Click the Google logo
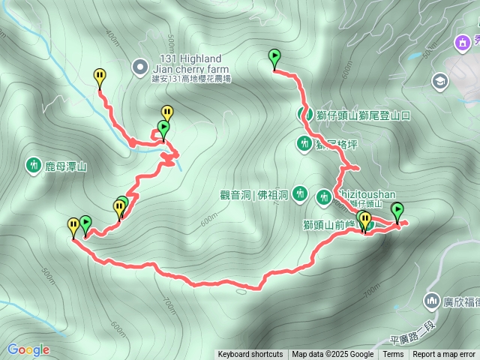click(28, 349)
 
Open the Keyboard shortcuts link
click(250, 355)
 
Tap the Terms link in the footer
click(393, 355)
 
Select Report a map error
click(444, 355)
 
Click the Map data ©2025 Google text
click(333, 355)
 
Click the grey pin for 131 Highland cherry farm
click(139, 67)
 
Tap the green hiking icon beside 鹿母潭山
click(33, 165)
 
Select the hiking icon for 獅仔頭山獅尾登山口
click(305, 115)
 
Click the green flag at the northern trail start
click(274, 56)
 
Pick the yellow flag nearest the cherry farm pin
click(100, 76)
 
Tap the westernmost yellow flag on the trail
click(73, 225)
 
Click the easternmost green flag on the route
click(397, 210)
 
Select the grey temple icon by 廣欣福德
click(431, 301)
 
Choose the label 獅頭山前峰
click(328, 223)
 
